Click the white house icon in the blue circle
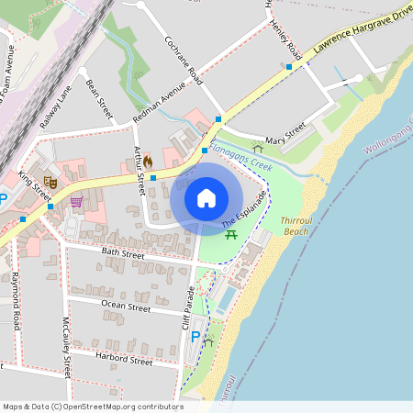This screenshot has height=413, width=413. tap(206, 197)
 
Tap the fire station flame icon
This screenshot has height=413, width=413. tap(146, 160)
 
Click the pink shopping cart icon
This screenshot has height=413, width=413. tap(76, 201)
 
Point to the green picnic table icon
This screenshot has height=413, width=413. tap(232, 235)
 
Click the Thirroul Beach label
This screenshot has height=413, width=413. tap(296, 226)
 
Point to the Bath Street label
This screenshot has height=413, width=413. tap(122, 252)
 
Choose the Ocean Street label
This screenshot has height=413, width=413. tap(126, 307)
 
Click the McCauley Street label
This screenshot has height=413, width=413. tap(66, 347)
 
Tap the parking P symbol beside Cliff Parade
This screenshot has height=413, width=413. tap(195, 337)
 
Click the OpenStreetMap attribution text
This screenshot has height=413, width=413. tap(92, 407)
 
